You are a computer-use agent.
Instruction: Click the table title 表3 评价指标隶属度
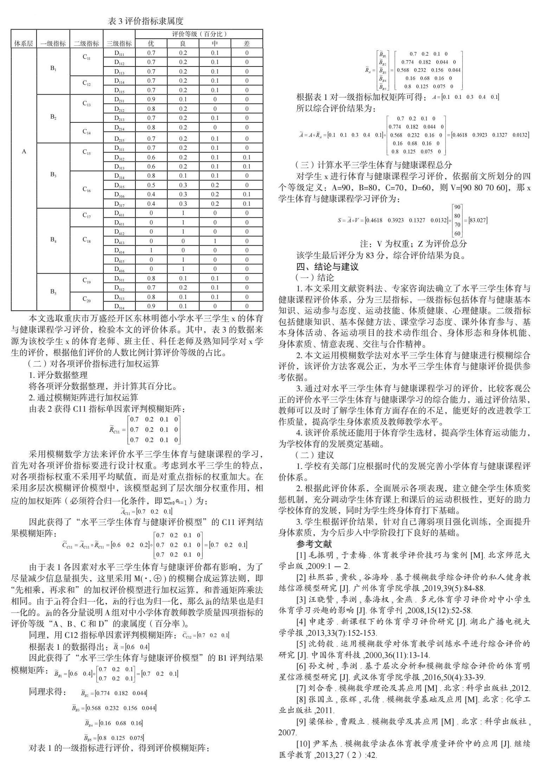coord(145,21)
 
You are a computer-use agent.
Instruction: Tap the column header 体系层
coord(24,44)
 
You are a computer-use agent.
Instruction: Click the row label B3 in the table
coord(53,175)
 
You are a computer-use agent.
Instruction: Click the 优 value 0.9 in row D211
coord(151,100)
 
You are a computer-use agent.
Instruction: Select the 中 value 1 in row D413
coord(215,241)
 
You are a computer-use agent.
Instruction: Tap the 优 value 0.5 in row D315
coord(151,185)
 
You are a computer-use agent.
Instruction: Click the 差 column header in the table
coord(247,44)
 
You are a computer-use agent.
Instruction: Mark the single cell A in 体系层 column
coord(24,152)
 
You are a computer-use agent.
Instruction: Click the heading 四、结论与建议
coord(328,266)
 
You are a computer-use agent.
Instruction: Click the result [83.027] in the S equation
coord(476,220)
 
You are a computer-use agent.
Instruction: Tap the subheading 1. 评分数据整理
coord(58,375)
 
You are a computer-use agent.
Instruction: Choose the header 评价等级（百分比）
coord(199,34)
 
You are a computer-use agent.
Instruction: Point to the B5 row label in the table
coord(53,292)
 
